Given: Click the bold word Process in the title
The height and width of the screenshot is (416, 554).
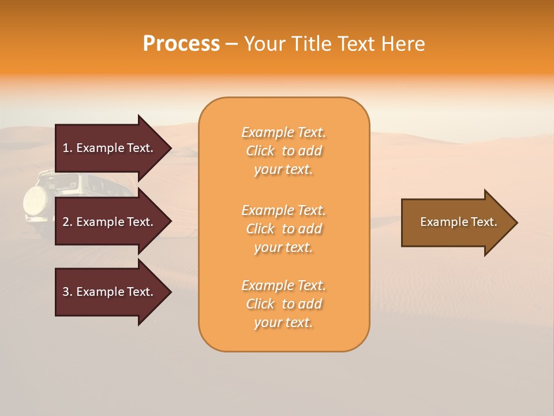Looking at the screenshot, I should [181, 44].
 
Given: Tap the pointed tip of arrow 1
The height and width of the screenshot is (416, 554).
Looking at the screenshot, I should [169, 148].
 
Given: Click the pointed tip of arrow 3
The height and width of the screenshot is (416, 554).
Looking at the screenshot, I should [169, 292].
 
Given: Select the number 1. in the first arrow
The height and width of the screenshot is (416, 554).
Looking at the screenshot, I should [68, 148].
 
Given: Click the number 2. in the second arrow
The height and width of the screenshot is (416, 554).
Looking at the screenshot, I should [68, 222].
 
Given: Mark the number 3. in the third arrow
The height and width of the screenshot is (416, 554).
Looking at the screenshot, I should [68, 292].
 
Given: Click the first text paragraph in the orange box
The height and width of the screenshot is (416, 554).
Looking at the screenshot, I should [283, 151].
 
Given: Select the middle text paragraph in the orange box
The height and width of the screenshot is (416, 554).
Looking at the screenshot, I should [283, 229].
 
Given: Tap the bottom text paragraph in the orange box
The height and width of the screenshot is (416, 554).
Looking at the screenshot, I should [283, 304].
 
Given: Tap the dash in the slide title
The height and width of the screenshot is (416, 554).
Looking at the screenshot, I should [231, 44].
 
